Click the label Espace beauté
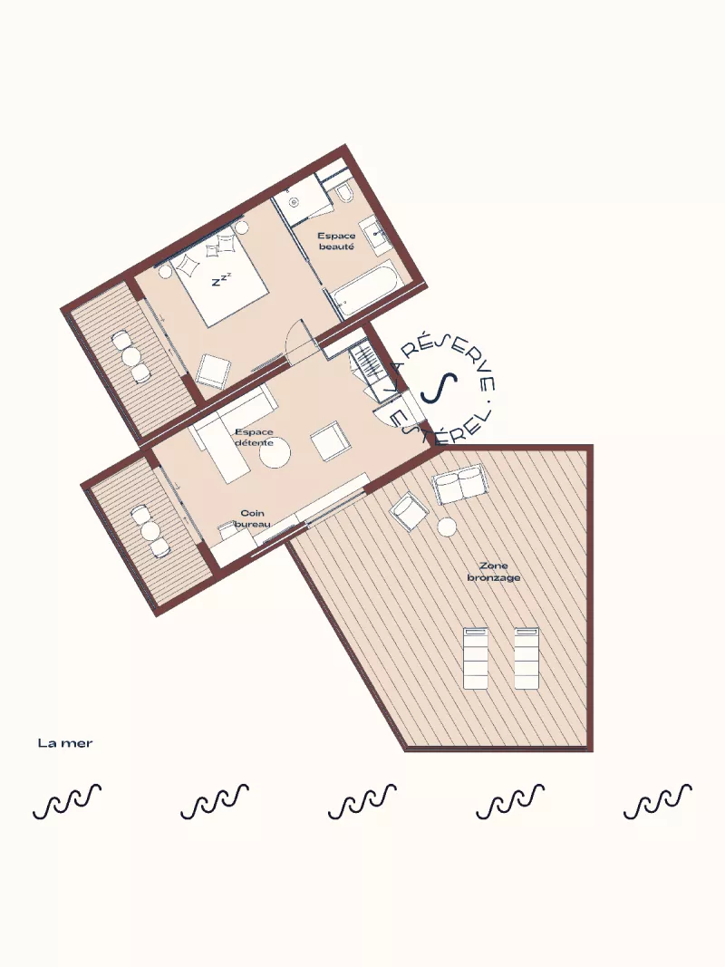tap(336, 241)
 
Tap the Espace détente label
tap(254, 437)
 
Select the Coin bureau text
tap(253, 518)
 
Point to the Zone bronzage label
tap(494, 572)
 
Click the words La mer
tap(65, 743)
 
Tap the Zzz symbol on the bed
tap(221, 279)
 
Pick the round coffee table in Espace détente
tap(275, 455)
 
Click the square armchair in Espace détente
tap(330, 441)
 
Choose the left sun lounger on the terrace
tap(475, 658)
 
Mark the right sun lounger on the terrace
tap(527, 658)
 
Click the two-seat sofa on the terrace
tap(460, 484)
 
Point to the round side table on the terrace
tap(447, 527)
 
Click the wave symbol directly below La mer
tap(66, 801)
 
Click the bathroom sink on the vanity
tap(377, 234)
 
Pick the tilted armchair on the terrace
tap(410, 511)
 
